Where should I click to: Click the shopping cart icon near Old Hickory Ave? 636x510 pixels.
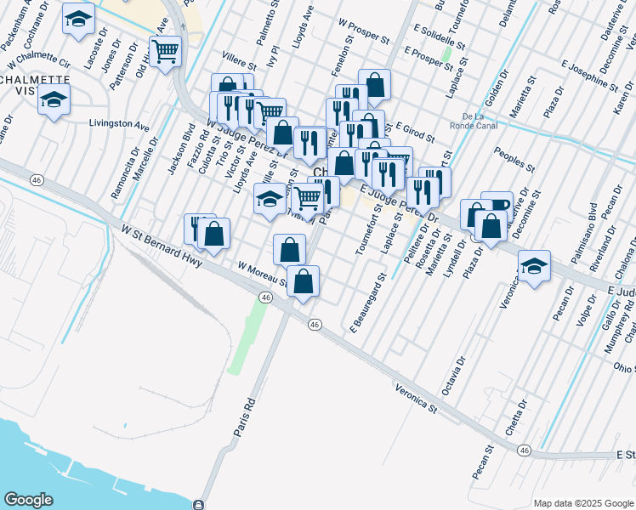tap(165, 52)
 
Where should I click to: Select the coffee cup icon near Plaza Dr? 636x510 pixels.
tap(497, 206)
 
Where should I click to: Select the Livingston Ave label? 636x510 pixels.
tap(119, 124)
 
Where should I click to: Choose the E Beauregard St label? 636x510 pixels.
tap(366, 303)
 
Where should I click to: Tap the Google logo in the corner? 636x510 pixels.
tap(29, 500)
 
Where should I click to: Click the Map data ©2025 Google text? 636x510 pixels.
tap(582, 502)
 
